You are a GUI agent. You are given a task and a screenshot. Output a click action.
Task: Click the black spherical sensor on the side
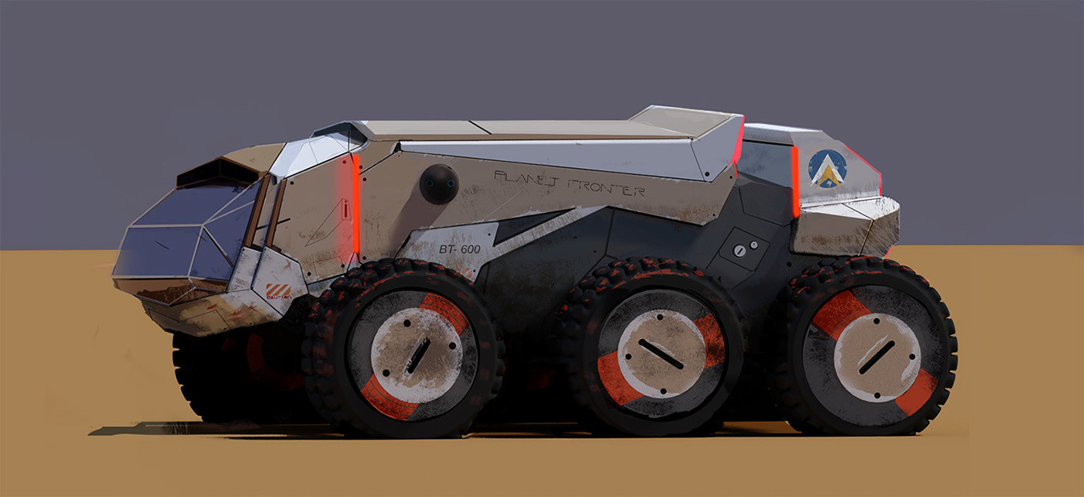[439, 185]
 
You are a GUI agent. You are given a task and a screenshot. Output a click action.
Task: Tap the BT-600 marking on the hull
[459, 248]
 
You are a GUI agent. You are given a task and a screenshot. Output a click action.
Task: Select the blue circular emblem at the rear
[827, 169]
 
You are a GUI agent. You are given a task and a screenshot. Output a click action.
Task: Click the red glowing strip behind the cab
[356, 205]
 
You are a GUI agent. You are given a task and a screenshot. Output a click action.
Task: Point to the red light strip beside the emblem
[795, 182]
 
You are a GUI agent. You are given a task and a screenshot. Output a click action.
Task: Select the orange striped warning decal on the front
[278, 291]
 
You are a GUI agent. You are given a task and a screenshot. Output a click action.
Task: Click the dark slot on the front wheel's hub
[418, 355]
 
